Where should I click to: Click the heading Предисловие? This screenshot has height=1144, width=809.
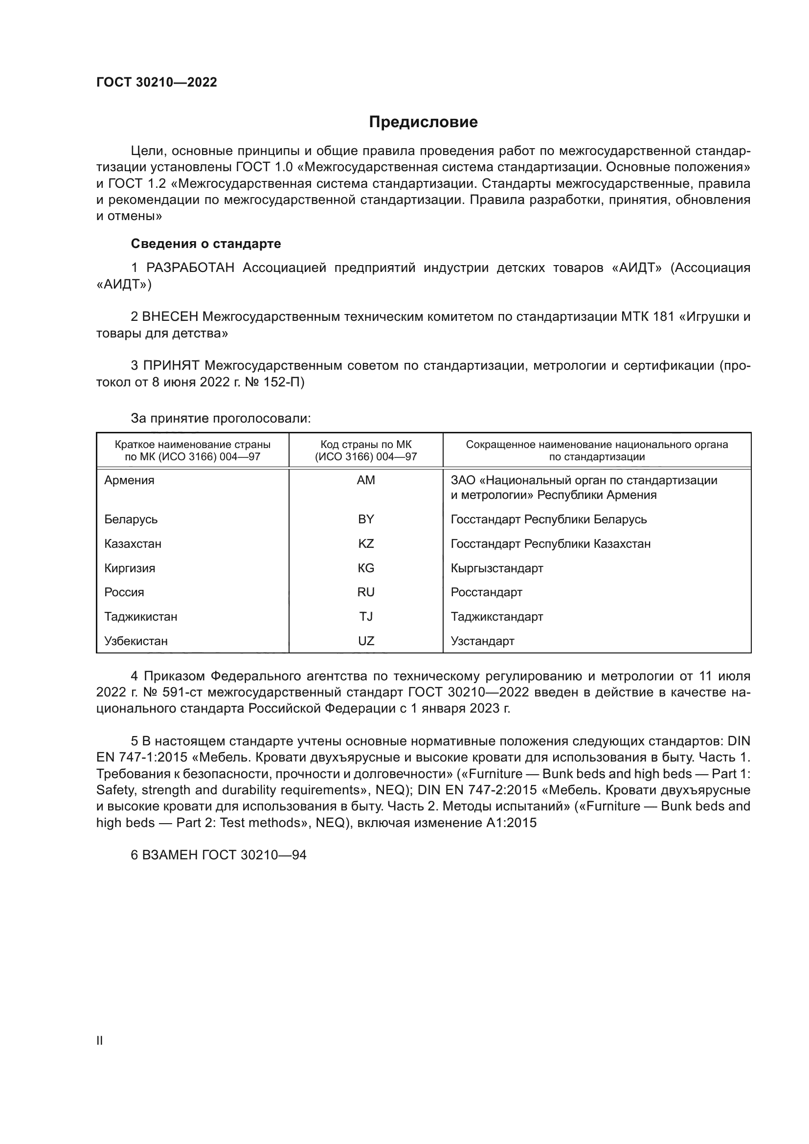point(423,122)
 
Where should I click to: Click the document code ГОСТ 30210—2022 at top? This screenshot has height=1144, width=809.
point(157,82)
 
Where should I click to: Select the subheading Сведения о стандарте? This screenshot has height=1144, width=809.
point(206,244)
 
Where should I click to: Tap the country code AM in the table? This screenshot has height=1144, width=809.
point(366,480)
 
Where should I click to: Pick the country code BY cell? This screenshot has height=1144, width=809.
point(366,519)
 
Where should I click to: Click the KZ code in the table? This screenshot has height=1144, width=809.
point(366,543)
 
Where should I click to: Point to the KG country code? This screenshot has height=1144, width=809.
point(366,568)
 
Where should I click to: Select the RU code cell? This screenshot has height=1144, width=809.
point(366,592)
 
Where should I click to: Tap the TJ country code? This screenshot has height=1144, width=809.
point(366,616)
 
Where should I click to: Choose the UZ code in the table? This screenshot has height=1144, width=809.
point(366,641)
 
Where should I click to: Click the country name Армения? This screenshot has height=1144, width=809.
point(129,480)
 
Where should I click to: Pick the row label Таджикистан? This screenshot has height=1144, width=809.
point(140,616)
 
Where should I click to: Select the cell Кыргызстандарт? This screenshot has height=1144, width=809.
point(496,568)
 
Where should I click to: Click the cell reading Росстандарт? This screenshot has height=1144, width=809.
point(486,592)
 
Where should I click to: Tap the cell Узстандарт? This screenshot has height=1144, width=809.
point(482,641)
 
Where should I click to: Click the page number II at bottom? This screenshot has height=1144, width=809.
point(100,1040)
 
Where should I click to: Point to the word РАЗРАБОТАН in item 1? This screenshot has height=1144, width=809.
point(190,268)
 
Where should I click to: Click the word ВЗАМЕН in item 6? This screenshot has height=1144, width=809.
point(170,855)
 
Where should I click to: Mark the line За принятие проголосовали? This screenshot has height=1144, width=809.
point(221,418)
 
